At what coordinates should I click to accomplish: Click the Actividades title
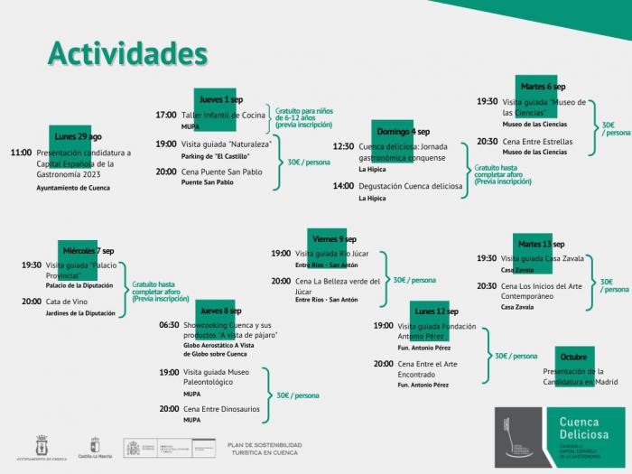pyautogui.click(x=127, y=53)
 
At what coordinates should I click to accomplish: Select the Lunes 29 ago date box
pyautogui.click(x=78, y=136)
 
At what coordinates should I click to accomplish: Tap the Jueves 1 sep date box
pyautogui.click(x=220, y=98)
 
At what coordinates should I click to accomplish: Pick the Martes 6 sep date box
pyautogui.click(x=541, y=87)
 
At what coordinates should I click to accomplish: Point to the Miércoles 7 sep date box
pyautogui.click(x=88, y=250)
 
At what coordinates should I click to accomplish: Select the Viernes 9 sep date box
pyautogui.click(x=333, y=238)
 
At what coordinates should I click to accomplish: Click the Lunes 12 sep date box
pyautogui.click(x=436, y=311)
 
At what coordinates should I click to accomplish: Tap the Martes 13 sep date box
pyautogui.click(x=541, y=244)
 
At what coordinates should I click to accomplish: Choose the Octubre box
pyautogui.click(x=572, y=357)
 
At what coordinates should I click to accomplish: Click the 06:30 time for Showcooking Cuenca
pyautogui.click(x=169, y=324)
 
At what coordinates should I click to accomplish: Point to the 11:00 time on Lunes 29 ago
pyautogui.click(x=21, y=153)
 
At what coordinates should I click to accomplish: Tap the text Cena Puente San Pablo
pyautogui.click(x=221, y=171)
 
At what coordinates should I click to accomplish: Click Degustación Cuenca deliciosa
pyautogui.click(x=410, y=186)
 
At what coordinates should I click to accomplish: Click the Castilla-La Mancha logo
pyautogui.click(x=95, y=450)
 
